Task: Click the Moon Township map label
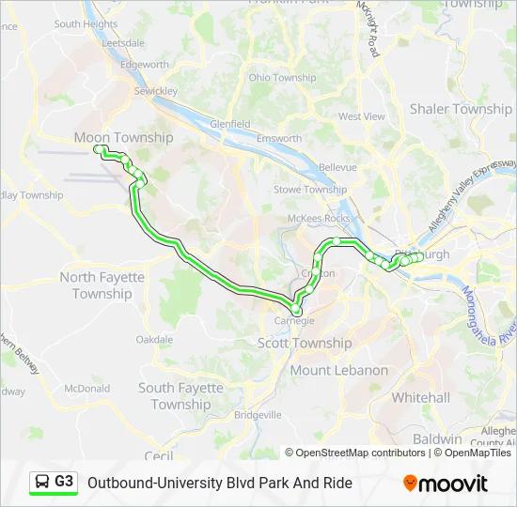pos(123,138)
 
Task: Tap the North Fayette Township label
pos(102,285)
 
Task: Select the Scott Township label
pos(305,344)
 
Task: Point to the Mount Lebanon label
pos(338,370)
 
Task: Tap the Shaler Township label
pos(461,109)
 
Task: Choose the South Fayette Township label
pos(180,396)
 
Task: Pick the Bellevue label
pos(337,167)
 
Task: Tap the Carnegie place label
pos(294,321)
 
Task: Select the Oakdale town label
pos(154,340)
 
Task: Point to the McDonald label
pos(86,388)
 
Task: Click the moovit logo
pos(446,484)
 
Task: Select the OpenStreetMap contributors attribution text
pos(354,453)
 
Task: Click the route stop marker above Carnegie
pos(296,309)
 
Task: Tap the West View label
pos(362,116)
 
